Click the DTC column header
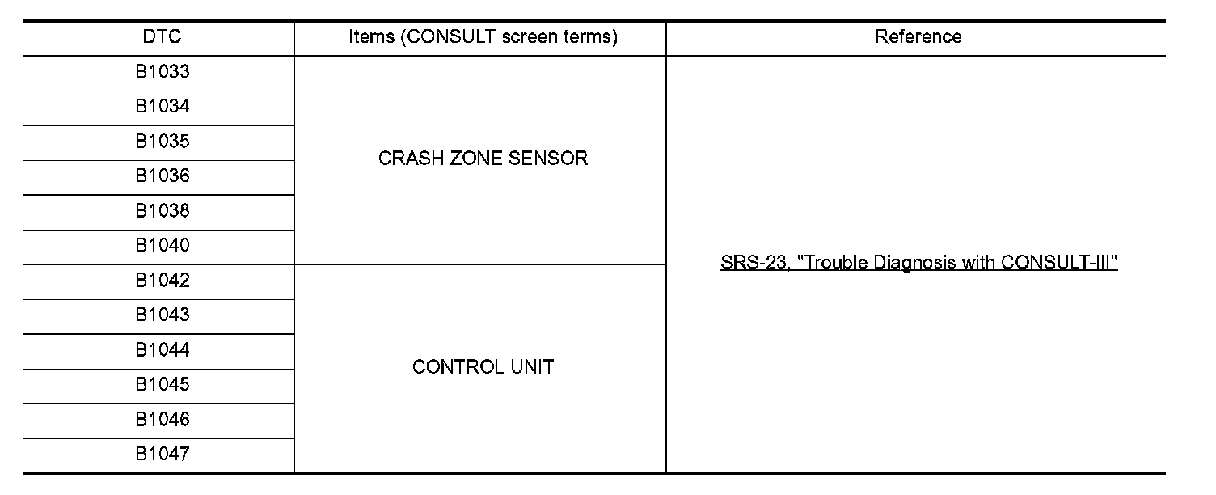pos(162,37)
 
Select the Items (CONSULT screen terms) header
pos(483,37)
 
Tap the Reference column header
pos(918,37)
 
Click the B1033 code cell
pos(163,72)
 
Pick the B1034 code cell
pos(163,107)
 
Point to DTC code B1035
pos(163,142)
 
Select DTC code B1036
pos(163,176)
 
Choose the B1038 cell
pos(163,211)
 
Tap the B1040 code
pos(163,246)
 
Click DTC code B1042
pos(163,281)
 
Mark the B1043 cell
pos(163,315)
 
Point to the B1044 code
pos(163,350)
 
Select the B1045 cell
pos(163,385)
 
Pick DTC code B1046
pos(163,420)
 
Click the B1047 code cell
pos(163,455)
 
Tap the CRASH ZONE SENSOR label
pos(483,159)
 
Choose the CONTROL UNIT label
pos(483,367)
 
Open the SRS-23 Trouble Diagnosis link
pos(918,264)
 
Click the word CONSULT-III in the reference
pos(1060,264)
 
